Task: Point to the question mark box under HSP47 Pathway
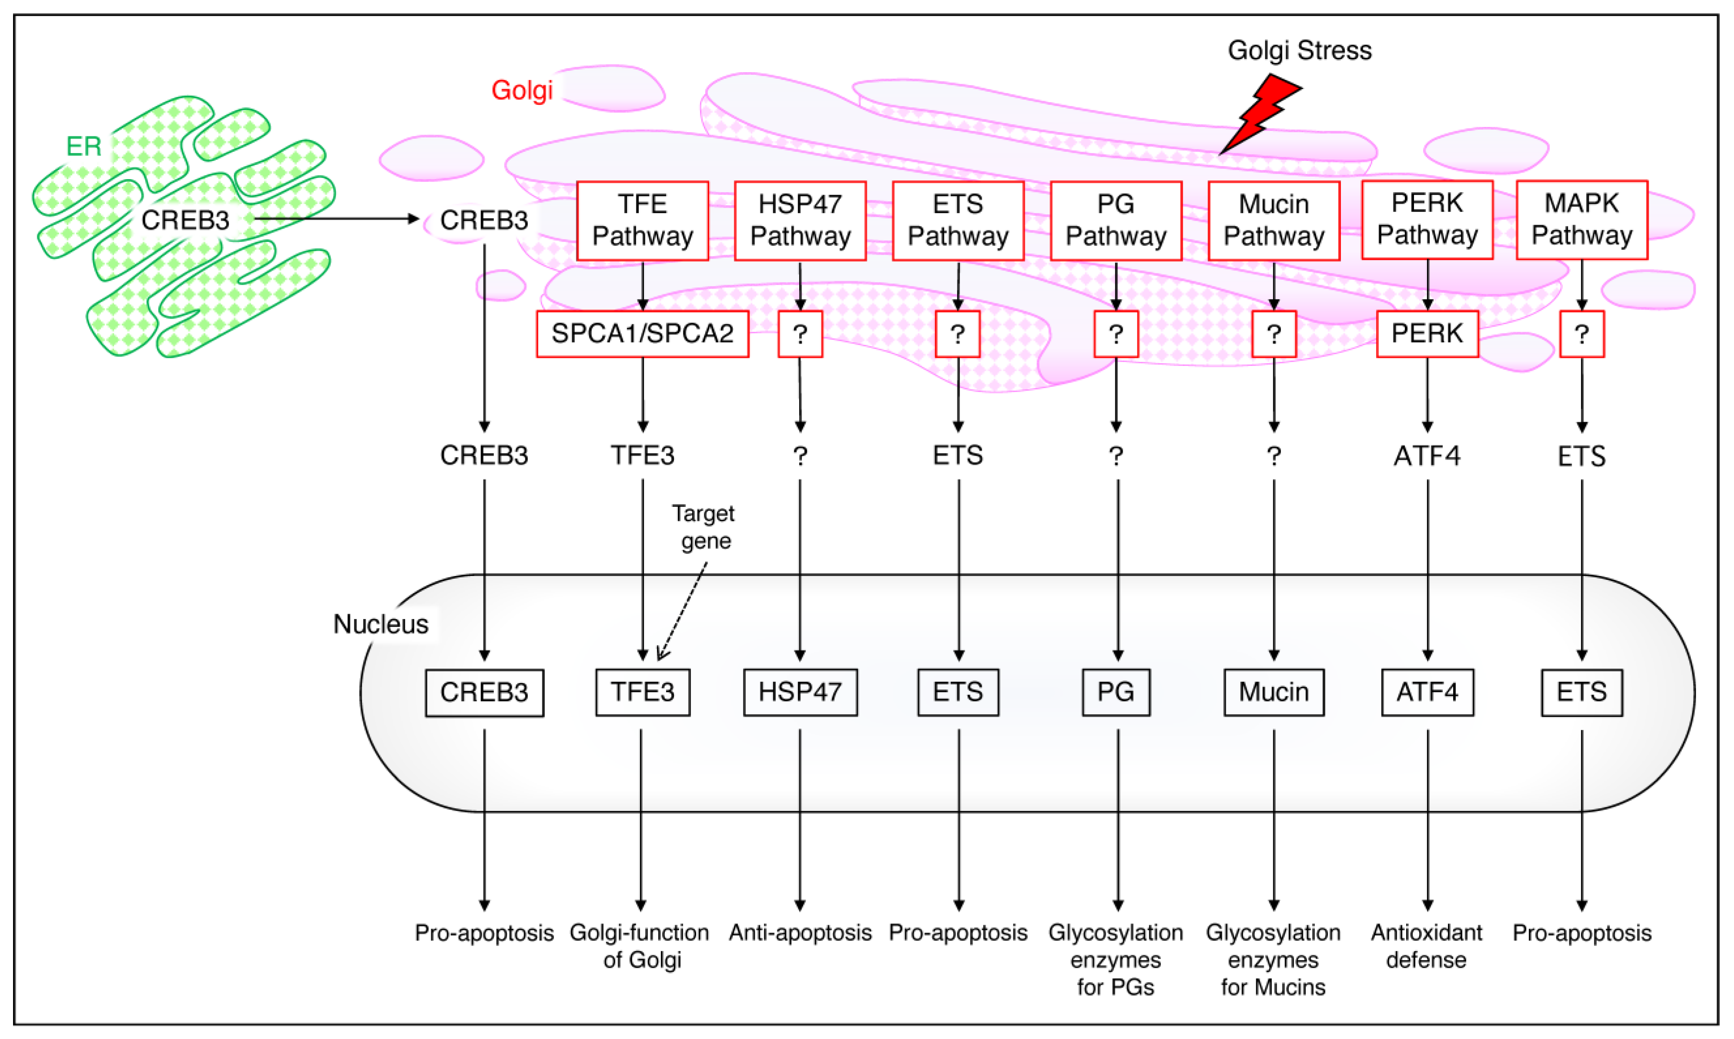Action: [x=800, y=333]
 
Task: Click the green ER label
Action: [x=84, y=147]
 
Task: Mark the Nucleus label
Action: [x=381, y=624]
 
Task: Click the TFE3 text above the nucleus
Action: [x=643, y=455]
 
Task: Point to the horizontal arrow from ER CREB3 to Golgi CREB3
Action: [x=336, y=219]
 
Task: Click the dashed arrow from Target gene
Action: [x=683, y=610]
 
